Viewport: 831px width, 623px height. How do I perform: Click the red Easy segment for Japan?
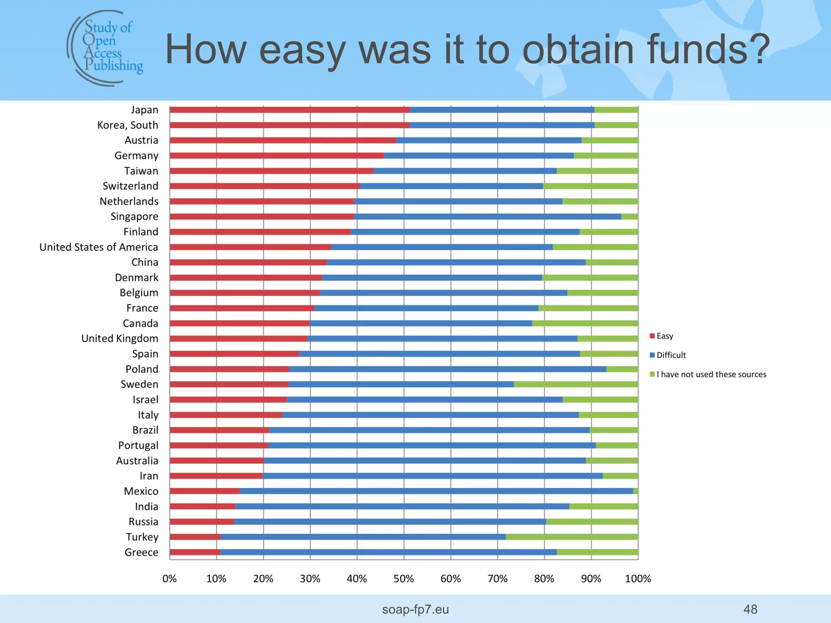(290, 110)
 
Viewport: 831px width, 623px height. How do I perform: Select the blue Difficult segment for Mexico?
(436, 491)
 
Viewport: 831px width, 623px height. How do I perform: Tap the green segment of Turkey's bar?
(572, 537)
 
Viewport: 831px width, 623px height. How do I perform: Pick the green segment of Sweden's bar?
(576, 384)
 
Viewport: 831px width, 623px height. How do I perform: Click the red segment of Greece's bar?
(195, 552)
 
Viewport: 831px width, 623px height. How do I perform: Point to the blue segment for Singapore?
(487, 217)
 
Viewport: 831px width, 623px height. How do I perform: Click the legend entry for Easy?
(664, 336)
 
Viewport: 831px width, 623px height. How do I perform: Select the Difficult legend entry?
(671, 355)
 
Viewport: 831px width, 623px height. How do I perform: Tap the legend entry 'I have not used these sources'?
(711, 374)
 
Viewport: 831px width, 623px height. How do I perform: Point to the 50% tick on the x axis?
(404, 579)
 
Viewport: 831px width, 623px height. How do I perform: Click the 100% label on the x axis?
(638, 579)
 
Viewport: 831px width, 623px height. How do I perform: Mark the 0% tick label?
(170, 579)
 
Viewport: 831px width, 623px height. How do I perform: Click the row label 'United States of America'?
(99, 247)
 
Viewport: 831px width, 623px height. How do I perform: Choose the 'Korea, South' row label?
(127, 125)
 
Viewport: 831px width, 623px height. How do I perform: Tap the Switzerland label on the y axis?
(130, 186)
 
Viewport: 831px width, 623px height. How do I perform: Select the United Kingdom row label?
(120, 338)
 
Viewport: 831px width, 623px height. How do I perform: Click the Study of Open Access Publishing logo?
(105, 48)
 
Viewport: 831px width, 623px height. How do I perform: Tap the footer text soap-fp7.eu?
(415, 609)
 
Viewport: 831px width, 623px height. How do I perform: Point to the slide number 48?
(750, 609)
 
